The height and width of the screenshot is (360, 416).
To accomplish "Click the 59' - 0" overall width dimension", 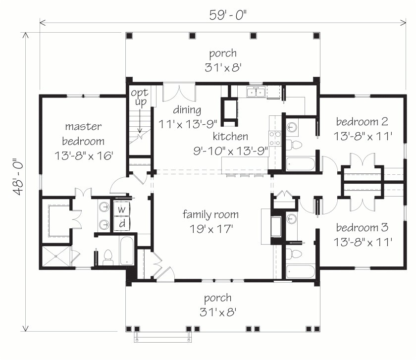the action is (x=228, y=15).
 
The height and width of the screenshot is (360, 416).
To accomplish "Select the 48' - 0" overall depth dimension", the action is (x=18, y=177).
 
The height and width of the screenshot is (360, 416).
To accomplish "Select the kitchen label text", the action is (x=230, y=136).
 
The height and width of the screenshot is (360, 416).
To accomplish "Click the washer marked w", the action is (x=122, y=209).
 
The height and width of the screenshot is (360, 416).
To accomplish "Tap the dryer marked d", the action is (x=122, y=224).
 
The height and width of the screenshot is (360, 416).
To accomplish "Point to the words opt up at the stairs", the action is (x=140, y=98).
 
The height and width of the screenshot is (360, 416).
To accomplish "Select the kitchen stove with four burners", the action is (x=274, y=139).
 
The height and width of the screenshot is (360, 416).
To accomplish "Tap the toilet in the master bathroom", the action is (x=108, y=257).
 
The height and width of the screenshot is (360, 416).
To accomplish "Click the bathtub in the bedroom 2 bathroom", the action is (x=301, y=164).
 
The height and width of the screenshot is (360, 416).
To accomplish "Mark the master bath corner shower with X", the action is (x=56, y=256).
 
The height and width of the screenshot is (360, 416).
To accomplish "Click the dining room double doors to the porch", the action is (x=179, y=93).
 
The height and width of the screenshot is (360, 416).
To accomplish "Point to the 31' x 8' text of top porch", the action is (x=223, y=67).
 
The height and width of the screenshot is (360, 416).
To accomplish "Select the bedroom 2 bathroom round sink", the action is (x=292, y=127).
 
